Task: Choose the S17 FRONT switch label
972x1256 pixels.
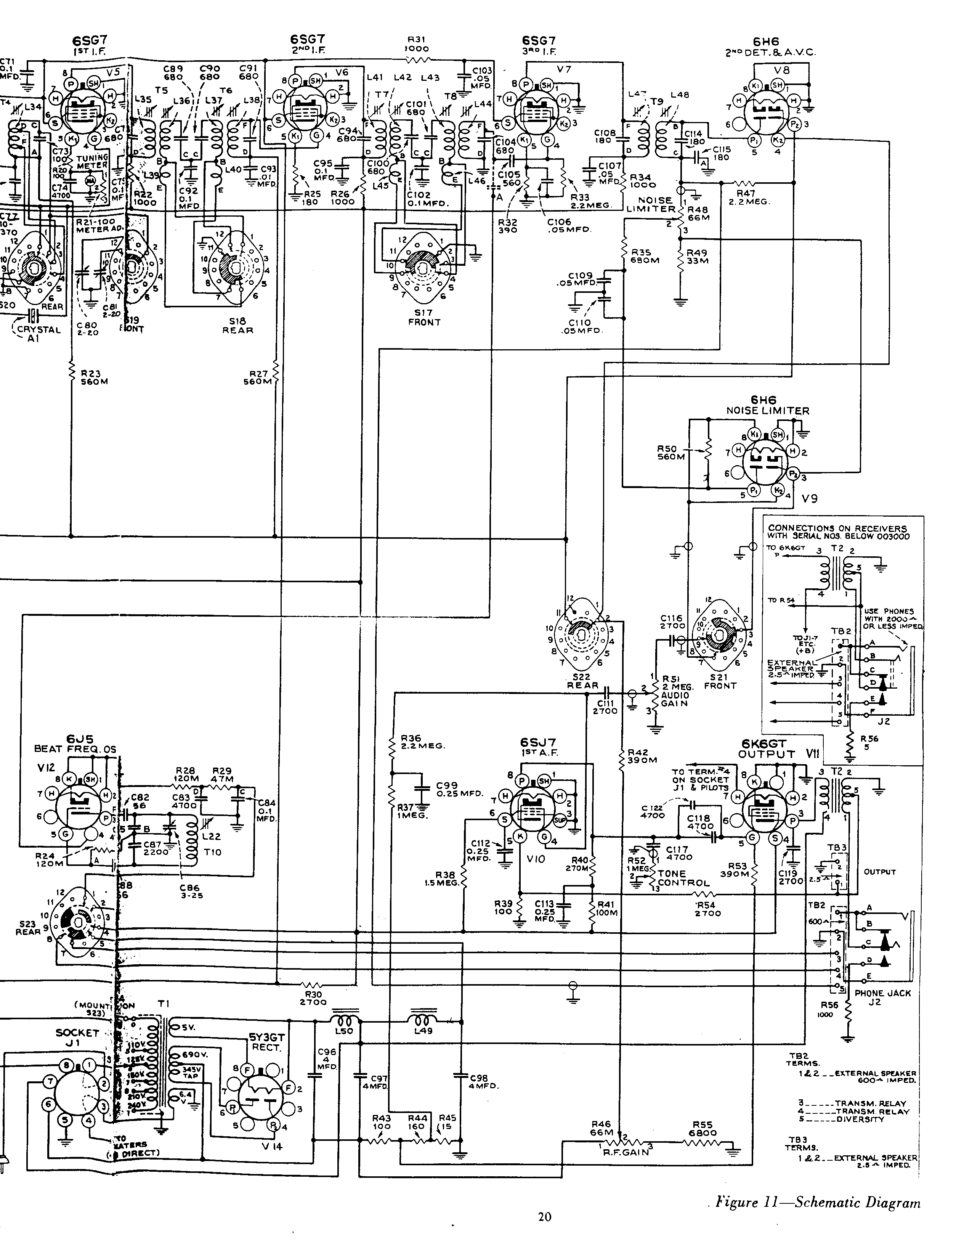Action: coord(424,318)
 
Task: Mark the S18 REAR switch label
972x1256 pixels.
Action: coord(237,326)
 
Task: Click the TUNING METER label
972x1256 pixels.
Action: coord(93,161)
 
